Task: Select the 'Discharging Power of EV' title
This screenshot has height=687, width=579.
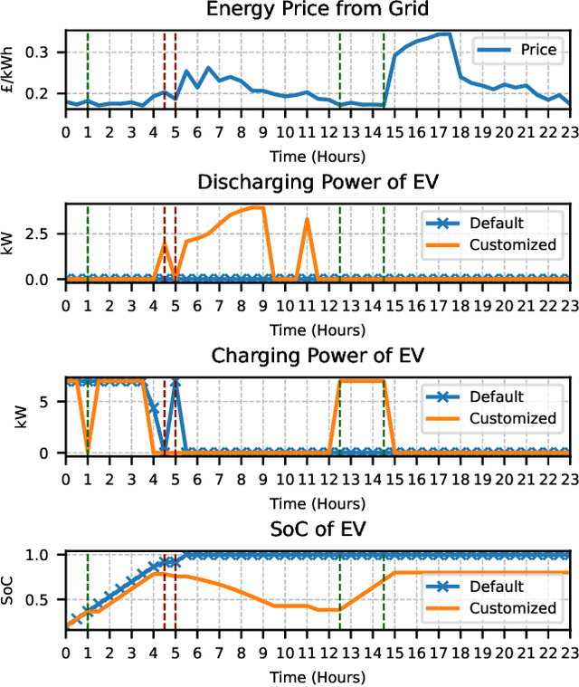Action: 318,182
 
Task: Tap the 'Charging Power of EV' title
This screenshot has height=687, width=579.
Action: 318,356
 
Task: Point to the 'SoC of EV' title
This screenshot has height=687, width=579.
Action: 318,529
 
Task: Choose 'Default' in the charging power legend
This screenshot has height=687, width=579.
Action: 496,396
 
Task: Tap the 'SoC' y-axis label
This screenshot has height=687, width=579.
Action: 11,589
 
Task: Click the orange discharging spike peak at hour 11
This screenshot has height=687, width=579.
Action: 307,219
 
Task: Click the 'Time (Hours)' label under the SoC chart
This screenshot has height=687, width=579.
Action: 318,677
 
